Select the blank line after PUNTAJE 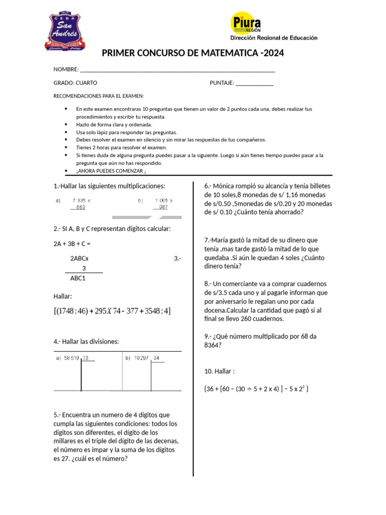tap(254, 83)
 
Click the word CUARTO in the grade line tap(86, 83)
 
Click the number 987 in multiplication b tap(163, 207)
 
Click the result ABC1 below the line tap(77, 278)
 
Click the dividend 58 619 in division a tap(71, 358)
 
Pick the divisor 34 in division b tap(157, 358)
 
